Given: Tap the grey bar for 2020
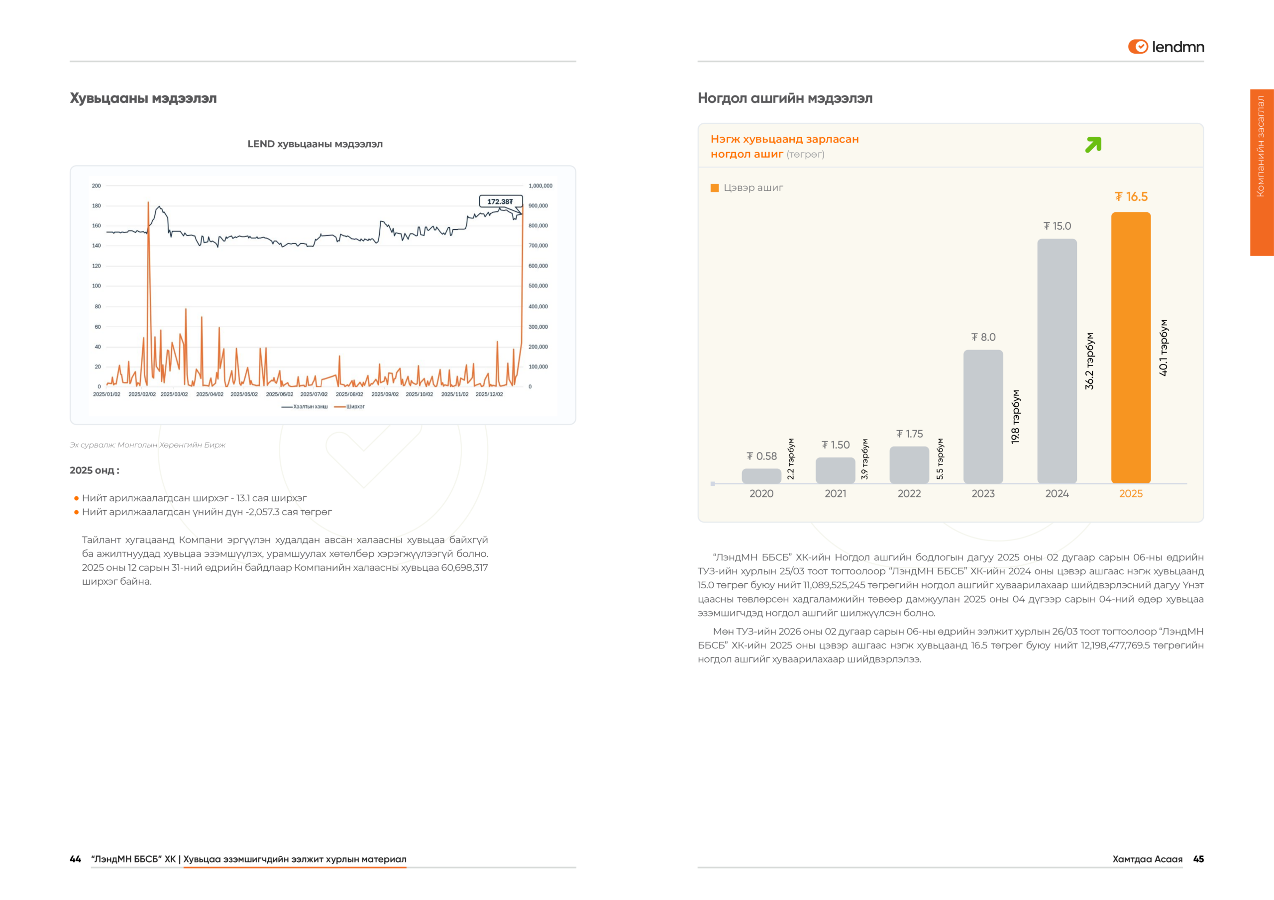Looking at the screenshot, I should pos(761,476).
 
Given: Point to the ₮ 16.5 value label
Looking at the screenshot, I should pos(1131,197).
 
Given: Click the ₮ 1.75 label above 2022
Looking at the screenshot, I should pos(909,434).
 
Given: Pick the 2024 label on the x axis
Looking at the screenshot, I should pos(1057,494).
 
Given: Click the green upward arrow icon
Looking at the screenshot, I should pos(1093,145).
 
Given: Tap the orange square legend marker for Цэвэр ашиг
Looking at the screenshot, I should pos(715,188).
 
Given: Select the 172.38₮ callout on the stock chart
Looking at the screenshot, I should pos(501,201).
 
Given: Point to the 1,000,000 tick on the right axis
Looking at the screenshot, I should pos(540,186).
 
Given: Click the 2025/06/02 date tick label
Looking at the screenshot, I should pos(279,394).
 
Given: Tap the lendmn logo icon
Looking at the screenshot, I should pos(1138,47).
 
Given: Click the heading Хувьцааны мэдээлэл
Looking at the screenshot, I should pos(143,98).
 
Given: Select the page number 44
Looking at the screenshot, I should pos(76,859).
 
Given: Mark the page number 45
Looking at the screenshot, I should pos(1198,859).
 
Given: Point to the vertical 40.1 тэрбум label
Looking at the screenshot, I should pos(1163,348).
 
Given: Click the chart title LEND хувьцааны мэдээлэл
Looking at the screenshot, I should pos(315,144).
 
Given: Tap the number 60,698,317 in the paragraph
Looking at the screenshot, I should pos(464,567).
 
